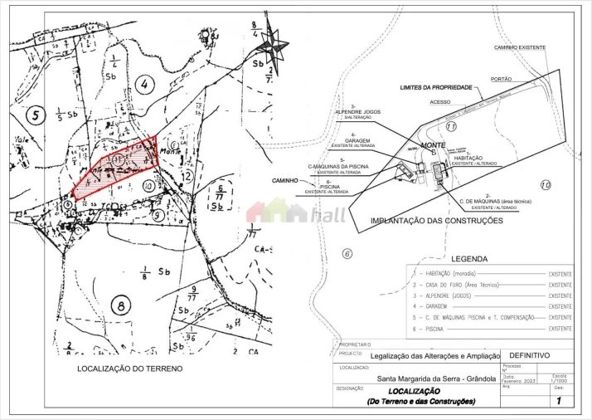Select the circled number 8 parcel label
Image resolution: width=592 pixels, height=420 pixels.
[x=122, y=305]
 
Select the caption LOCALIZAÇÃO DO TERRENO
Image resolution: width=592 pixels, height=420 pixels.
[x=129, y=368]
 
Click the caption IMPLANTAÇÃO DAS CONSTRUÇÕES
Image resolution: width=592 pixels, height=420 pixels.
[x=436, y=222]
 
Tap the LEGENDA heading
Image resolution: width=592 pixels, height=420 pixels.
[x=469, y=258]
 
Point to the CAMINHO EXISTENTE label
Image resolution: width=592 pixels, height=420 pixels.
[x=520, y=48]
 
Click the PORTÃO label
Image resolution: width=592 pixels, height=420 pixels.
[x=502, y=79]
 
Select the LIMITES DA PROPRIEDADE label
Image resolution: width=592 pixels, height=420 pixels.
[x=435, y=87]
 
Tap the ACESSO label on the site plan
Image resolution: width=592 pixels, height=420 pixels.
[x=440, y=102]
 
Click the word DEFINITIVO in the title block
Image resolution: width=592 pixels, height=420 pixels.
[x=528, y=355]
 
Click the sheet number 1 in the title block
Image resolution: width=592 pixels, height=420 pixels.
[x=559, y=401]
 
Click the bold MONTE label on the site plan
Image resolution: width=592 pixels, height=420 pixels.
[x=434, y=145]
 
